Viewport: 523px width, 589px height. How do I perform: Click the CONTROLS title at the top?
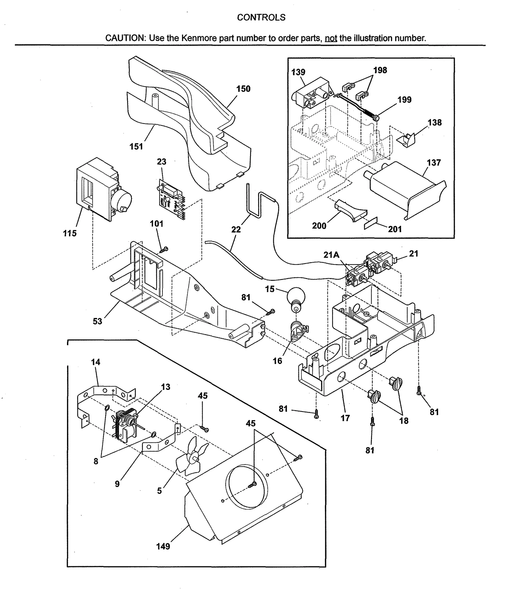pos(261,17)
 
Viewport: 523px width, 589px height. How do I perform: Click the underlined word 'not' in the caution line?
pos(331,38)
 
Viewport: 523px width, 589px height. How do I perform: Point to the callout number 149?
pos(163,546)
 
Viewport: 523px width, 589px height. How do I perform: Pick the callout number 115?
pos(70,233)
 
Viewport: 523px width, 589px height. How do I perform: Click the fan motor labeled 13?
pos(124,424)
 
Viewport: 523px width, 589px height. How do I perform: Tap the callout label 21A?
pos(331,255)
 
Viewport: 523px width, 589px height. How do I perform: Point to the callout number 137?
pos(433,163)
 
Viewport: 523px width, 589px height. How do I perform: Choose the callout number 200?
pos(319,226)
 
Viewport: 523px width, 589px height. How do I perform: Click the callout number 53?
pos(97,321)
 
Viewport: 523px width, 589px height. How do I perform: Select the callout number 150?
pos(243,89)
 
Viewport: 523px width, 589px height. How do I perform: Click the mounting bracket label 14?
pos(95,362)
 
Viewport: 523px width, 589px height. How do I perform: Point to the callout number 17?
pos(345,418)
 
